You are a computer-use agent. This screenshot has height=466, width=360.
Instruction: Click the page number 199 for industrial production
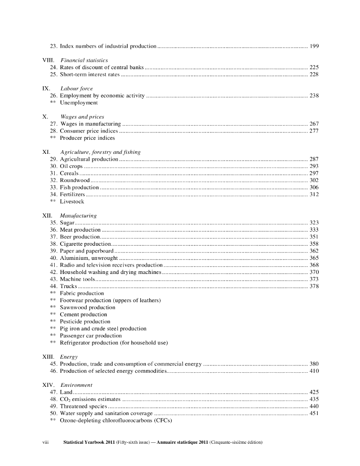[314, 46]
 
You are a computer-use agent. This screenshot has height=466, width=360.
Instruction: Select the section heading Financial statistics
[84, 60]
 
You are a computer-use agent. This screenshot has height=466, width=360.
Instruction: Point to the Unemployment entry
[79, 103]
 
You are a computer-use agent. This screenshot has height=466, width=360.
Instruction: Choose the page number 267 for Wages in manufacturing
[314, 124]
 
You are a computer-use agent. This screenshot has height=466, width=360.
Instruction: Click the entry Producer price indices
[87, 138]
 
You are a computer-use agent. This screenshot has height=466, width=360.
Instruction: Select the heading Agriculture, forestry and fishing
[100, 152]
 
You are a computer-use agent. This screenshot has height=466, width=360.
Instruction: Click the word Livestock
[72, 201]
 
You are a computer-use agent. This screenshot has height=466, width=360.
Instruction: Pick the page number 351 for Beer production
[314, 237]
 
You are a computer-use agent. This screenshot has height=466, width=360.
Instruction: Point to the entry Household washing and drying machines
[111, 272]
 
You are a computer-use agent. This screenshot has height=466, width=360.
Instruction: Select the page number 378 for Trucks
[314, 286]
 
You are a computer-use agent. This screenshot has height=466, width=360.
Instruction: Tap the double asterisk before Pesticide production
[53, 322]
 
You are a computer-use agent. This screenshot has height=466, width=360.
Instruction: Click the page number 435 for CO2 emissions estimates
[314, 399]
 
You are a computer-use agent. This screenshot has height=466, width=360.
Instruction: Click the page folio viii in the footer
[45, 442]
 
